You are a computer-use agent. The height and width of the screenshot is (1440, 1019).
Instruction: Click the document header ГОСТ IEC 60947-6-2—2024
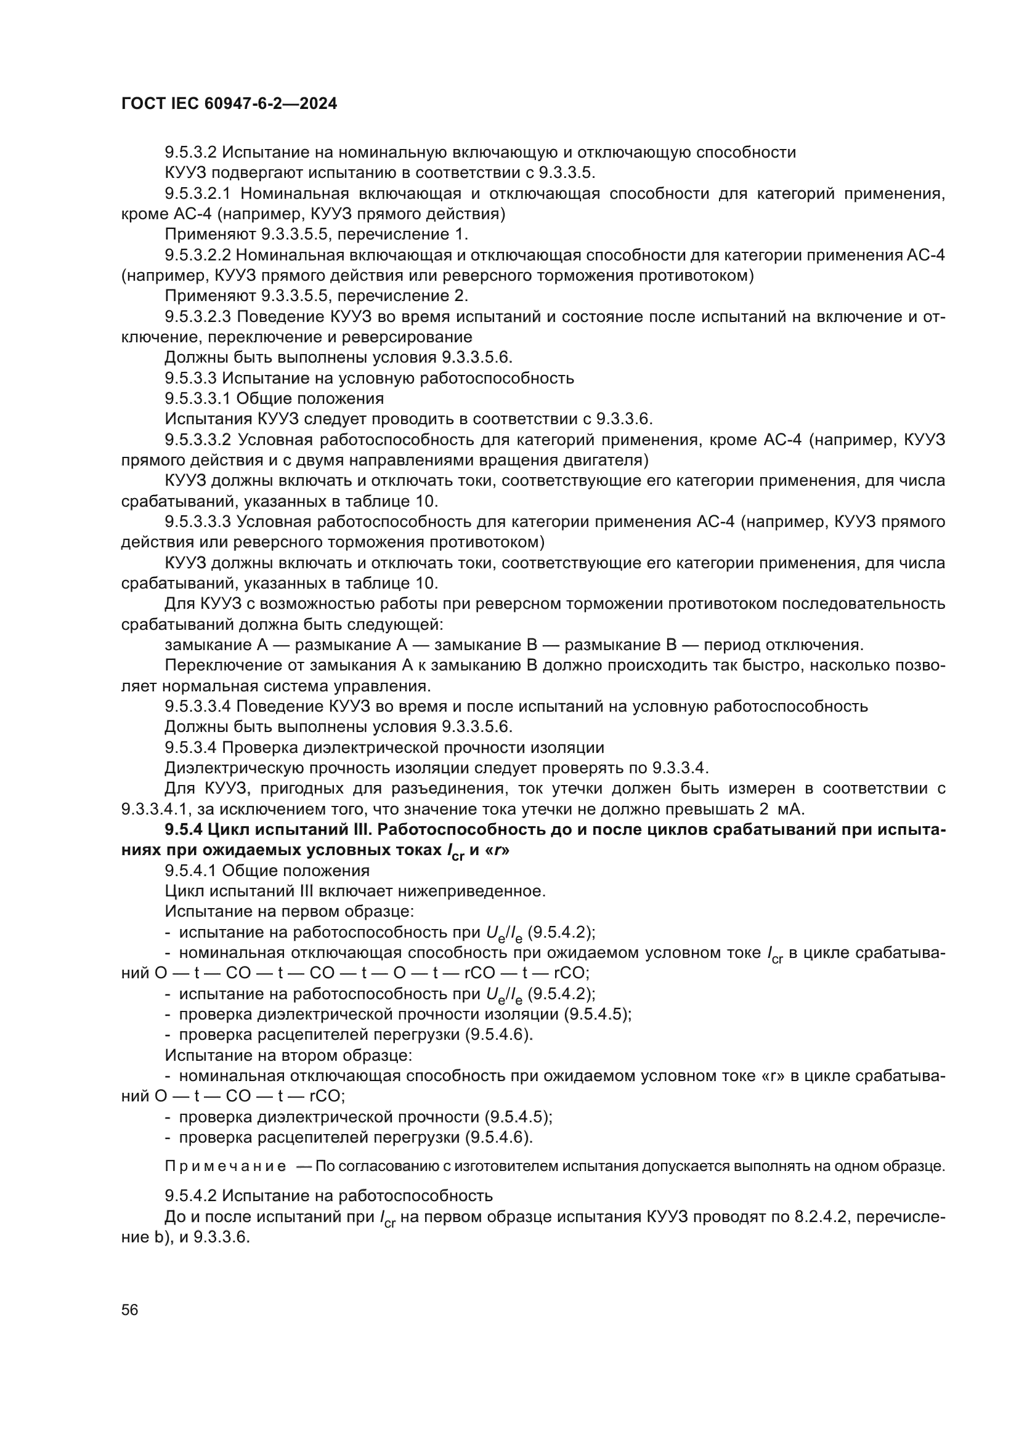pyautogui.click(x=229, y=104)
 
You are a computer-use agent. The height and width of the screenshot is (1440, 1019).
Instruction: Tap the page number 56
pyautogui.click(x=130, y=1309)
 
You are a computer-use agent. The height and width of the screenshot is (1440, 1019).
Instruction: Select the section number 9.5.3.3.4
pyautogui.click(x=198, y=706)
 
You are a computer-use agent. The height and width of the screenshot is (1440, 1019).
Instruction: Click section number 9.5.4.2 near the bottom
pyautogui.click(x=191, y=1196)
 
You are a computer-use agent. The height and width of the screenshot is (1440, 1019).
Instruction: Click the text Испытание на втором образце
pyautogui.click(x=288, y=1055)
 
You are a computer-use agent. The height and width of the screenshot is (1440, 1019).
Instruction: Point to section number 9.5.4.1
pyautogui.click(x=191, y=871)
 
